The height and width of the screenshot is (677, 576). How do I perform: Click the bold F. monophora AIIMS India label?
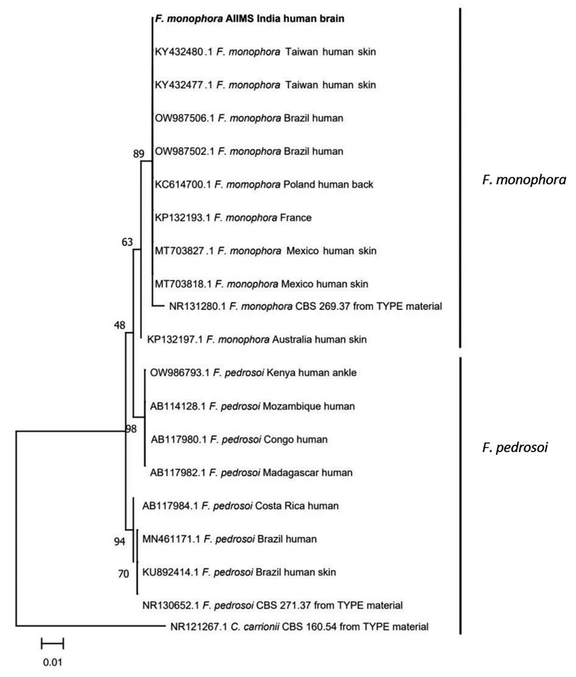[250, 19]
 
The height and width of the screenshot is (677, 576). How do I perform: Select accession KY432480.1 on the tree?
[184, 52]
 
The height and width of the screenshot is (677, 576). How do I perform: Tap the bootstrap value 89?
[138, 154]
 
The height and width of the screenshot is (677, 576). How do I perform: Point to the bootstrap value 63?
[127, 242]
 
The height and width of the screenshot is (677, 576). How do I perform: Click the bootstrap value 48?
[120, 325]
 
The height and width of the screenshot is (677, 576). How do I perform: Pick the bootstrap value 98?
[131, 428]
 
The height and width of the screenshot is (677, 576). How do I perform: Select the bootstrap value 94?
[120, 541]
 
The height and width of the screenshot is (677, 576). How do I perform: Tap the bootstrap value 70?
[124, 574]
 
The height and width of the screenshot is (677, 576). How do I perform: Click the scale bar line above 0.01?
[52, 644]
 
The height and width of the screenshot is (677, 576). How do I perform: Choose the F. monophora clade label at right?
[524, 179]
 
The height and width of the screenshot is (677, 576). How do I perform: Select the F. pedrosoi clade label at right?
[515, 447]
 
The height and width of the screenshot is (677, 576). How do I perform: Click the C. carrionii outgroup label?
[300, 626]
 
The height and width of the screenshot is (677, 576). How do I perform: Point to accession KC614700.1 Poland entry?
[264, 184]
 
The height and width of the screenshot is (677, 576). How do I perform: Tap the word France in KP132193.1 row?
[296, 218]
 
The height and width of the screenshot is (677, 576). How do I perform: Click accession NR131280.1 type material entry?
[305, 307]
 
